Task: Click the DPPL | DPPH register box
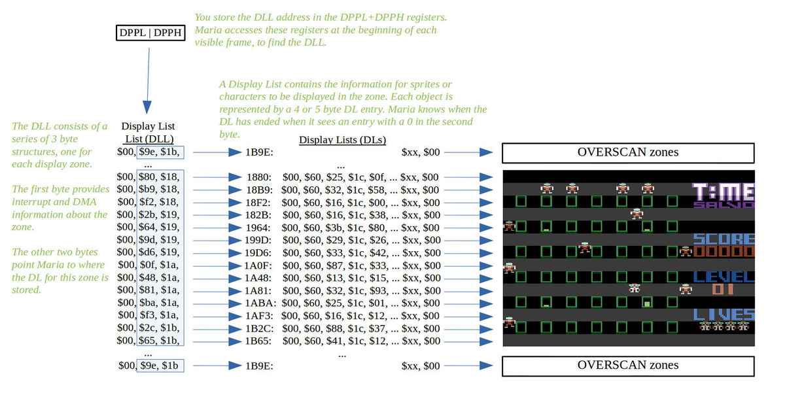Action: (x=150, y=33)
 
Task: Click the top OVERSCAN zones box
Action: (x=627, y=152)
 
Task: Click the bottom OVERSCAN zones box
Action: (x=627, y=366)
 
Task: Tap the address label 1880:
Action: (x=260, y=177)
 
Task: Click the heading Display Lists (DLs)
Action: (x=342, y=140)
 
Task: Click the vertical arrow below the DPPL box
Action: (x=148, y=78)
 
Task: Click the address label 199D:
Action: (x=260, y=240)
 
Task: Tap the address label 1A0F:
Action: (x=260, y=265)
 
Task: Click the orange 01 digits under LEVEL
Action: (x=723, y=289)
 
